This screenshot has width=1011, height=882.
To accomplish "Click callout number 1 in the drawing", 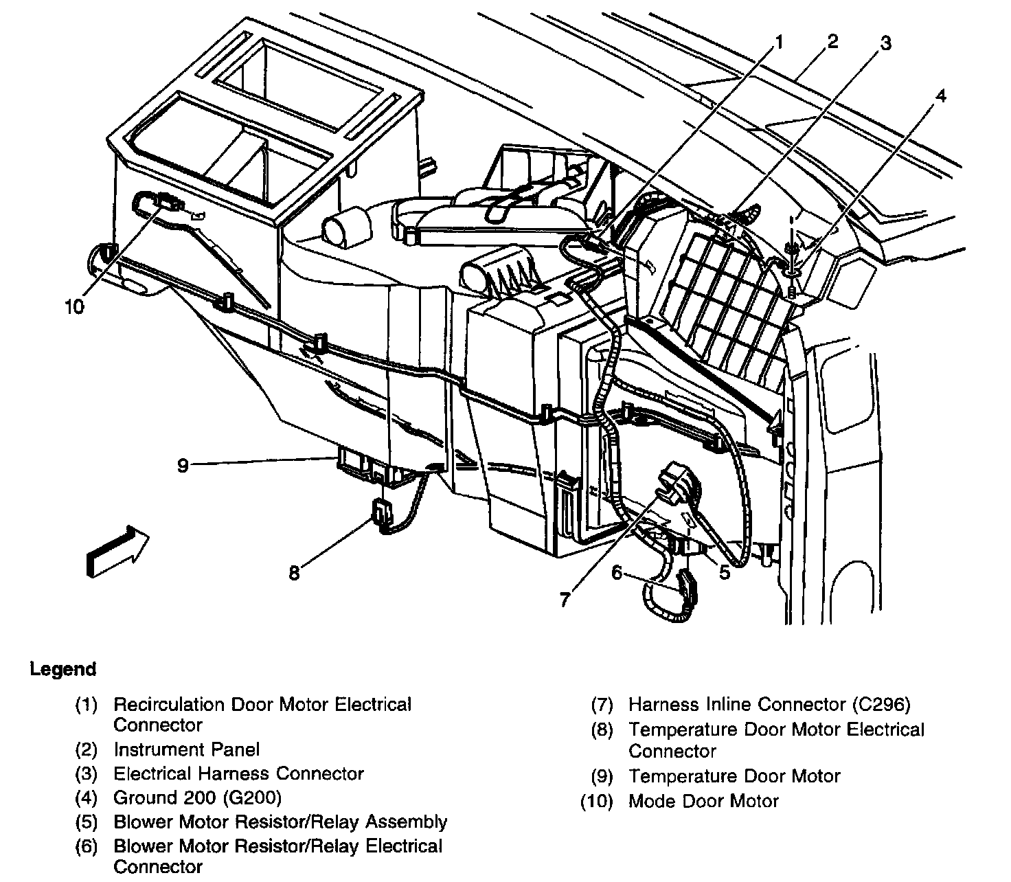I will point(779,43).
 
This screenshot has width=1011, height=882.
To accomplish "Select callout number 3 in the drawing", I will point(886,43).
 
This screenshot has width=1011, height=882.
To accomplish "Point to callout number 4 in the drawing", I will point(940,96).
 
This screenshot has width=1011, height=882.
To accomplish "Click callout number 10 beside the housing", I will point(74,306).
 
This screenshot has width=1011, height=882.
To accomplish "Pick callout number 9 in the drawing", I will point(183,466).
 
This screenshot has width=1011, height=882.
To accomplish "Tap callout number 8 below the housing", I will point(294,573).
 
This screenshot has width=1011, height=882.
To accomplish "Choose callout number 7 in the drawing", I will point(565,600).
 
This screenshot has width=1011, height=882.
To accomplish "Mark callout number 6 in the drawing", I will point(617,572).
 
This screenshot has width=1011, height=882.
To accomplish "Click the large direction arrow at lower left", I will point(117,550).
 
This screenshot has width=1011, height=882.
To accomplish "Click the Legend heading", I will point(63,669).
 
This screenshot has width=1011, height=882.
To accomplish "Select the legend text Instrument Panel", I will point(187,749).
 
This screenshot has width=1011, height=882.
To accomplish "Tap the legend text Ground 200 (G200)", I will point(198,798).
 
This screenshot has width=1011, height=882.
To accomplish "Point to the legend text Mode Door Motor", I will point(703,801).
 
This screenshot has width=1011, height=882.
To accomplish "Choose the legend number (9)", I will point(602,776).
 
